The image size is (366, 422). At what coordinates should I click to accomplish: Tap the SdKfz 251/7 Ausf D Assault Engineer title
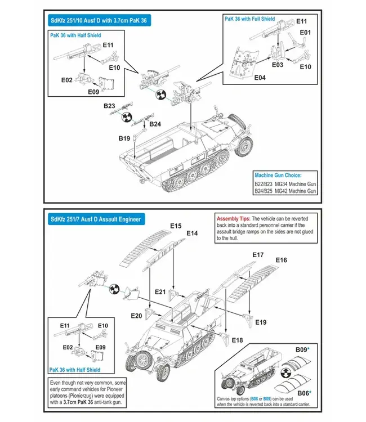pos(95,219)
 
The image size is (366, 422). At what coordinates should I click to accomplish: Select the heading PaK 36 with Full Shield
pos(249,19)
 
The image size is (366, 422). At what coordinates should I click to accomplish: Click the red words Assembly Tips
pos(233,218)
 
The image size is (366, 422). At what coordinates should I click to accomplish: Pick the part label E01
pos(305,33)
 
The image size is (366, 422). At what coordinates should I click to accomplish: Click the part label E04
pos(260,77)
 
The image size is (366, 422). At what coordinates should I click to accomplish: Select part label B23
pos(109,106)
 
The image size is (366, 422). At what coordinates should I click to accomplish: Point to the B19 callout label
pos(124,138)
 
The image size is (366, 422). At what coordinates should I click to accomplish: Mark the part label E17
pos(258,255)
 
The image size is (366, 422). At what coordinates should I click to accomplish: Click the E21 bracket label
pos(160,291)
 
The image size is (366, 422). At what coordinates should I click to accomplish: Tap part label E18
pos(237,340)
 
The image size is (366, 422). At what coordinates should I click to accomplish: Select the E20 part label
pos(136,316)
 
